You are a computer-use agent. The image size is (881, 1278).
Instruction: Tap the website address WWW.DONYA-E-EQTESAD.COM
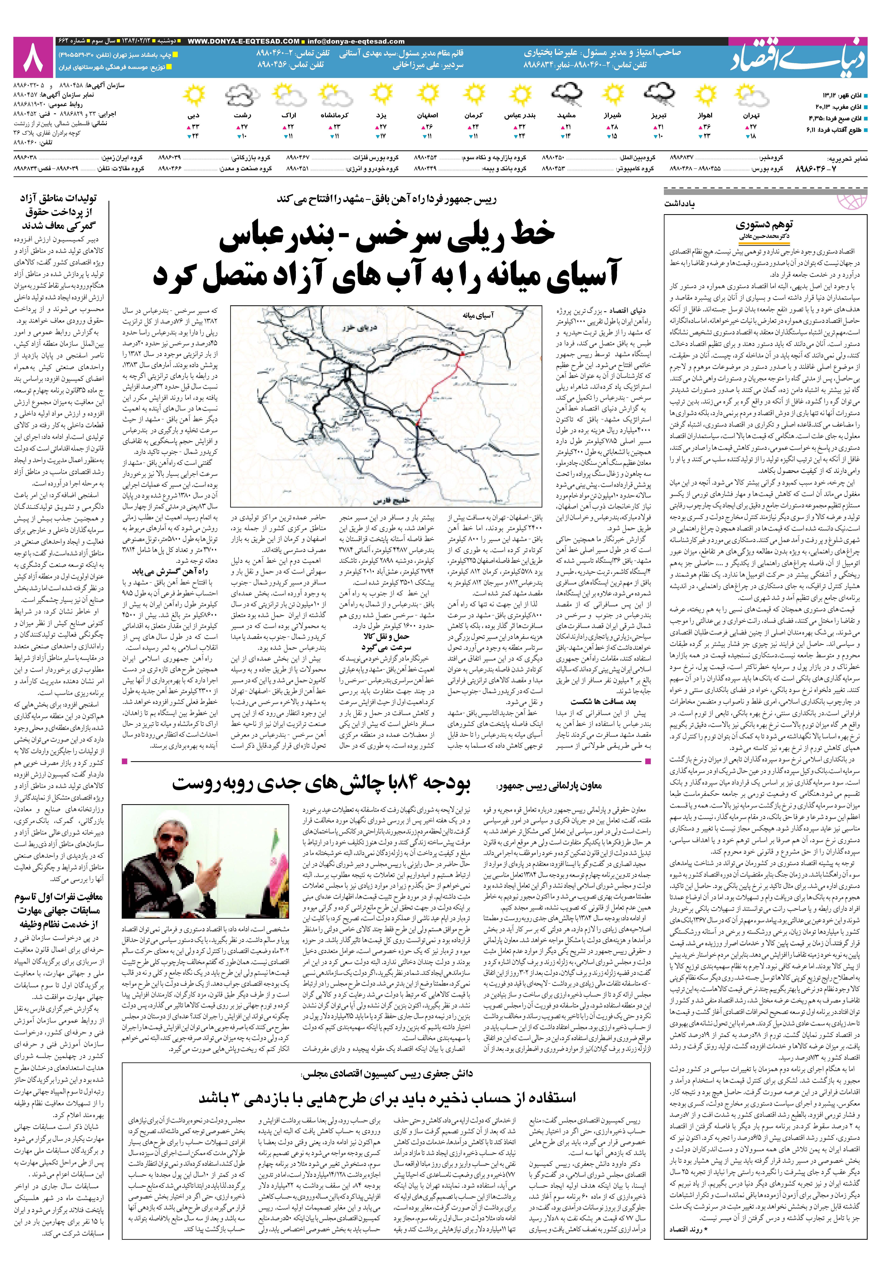[x=243, y=41]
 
